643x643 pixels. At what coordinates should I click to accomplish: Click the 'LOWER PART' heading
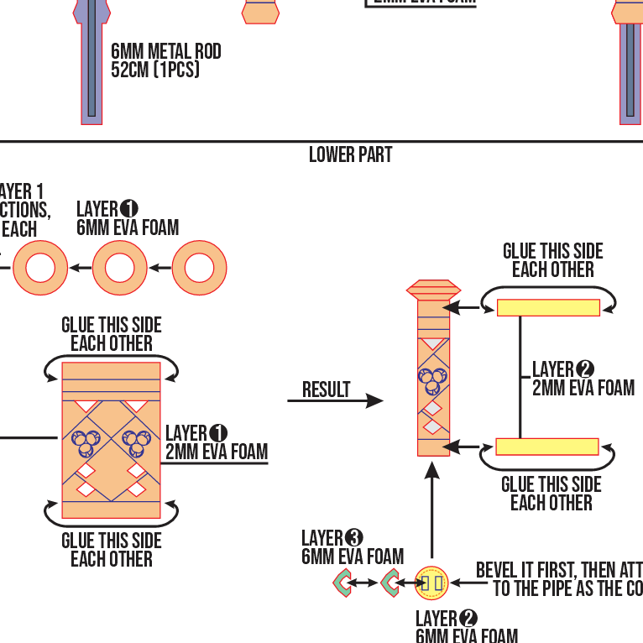coord(350,155)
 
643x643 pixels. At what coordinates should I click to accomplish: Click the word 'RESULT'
coord(327,389)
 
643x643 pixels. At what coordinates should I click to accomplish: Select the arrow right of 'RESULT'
coord(336,401)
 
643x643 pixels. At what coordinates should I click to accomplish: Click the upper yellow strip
coord(548,307)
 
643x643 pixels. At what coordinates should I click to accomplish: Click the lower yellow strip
coord(546,447)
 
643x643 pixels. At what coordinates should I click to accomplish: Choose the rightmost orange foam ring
coord(200,268)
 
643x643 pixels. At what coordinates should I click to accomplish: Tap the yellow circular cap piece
coord(432,582)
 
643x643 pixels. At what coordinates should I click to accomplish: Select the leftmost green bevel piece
coord(343,582)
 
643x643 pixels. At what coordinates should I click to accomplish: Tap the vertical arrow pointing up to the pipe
coord(432,512)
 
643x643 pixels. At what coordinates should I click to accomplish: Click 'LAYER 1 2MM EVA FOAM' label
coord(216,443)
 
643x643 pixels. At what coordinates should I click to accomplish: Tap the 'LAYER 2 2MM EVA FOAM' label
coord(583,379)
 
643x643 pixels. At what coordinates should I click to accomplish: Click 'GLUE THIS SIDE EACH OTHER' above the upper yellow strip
coord(552,260)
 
